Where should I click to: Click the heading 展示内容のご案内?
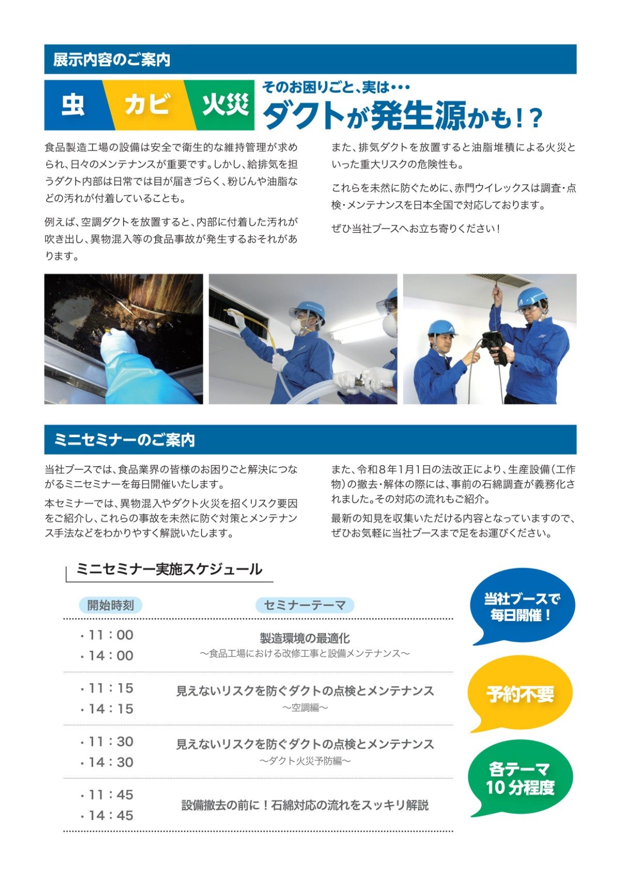tap(112, 60)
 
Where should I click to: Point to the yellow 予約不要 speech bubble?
tap(520, 694)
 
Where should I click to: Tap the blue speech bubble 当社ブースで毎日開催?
tap(522, 608)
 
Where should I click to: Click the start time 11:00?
tap(107, 635)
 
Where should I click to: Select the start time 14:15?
tap(107, 709)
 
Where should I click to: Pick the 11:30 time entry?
tap(107, 742)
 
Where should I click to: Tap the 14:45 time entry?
tap(107, 815)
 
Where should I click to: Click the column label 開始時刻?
tap(111, 605)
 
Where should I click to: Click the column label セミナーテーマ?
tap(305, 605)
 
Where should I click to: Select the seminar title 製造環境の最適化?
tap(305, 639)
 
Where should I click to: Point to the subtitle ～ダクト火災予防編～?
tap(305, 761)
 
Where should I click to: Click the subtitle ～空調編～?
tap(305, 708)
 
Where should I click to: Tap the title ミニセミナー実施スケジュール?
tap(169, 569)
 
